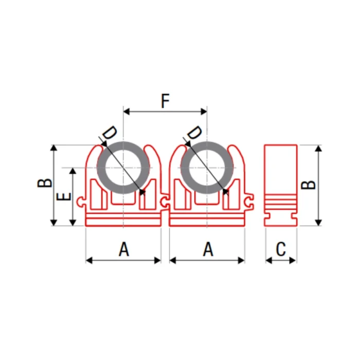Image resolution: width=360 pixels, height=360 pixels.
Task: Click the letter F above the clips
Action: [165, 101]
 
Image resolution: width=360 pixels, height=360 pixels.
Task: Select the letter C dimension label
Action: [281, 249]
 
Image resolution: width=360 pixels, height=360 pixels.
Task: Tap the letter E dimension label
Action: [64, 197]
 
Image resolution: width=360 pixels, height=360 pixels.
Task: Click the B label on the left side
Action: [45, 183]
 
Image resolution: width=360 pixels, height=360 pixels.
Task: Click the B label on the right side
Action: [309, 185]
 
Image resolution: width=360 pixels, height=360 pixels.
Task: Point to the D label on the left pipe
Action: [110, 133]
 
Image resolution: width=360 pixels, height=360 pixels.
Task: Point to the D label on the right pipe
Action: [194, 133]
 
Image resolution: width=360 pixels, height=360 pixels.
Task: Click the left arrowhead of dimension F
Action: [127, 112]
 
